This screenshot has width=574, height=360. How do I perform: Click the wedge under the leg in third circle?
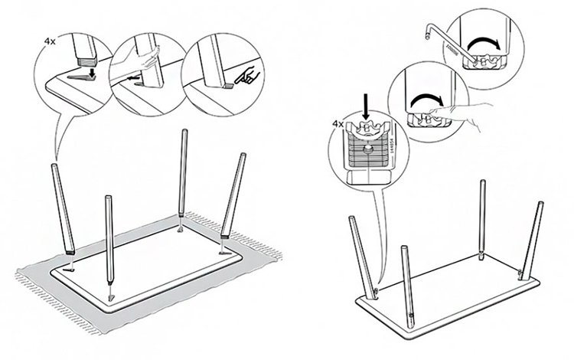pos(230,87)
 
